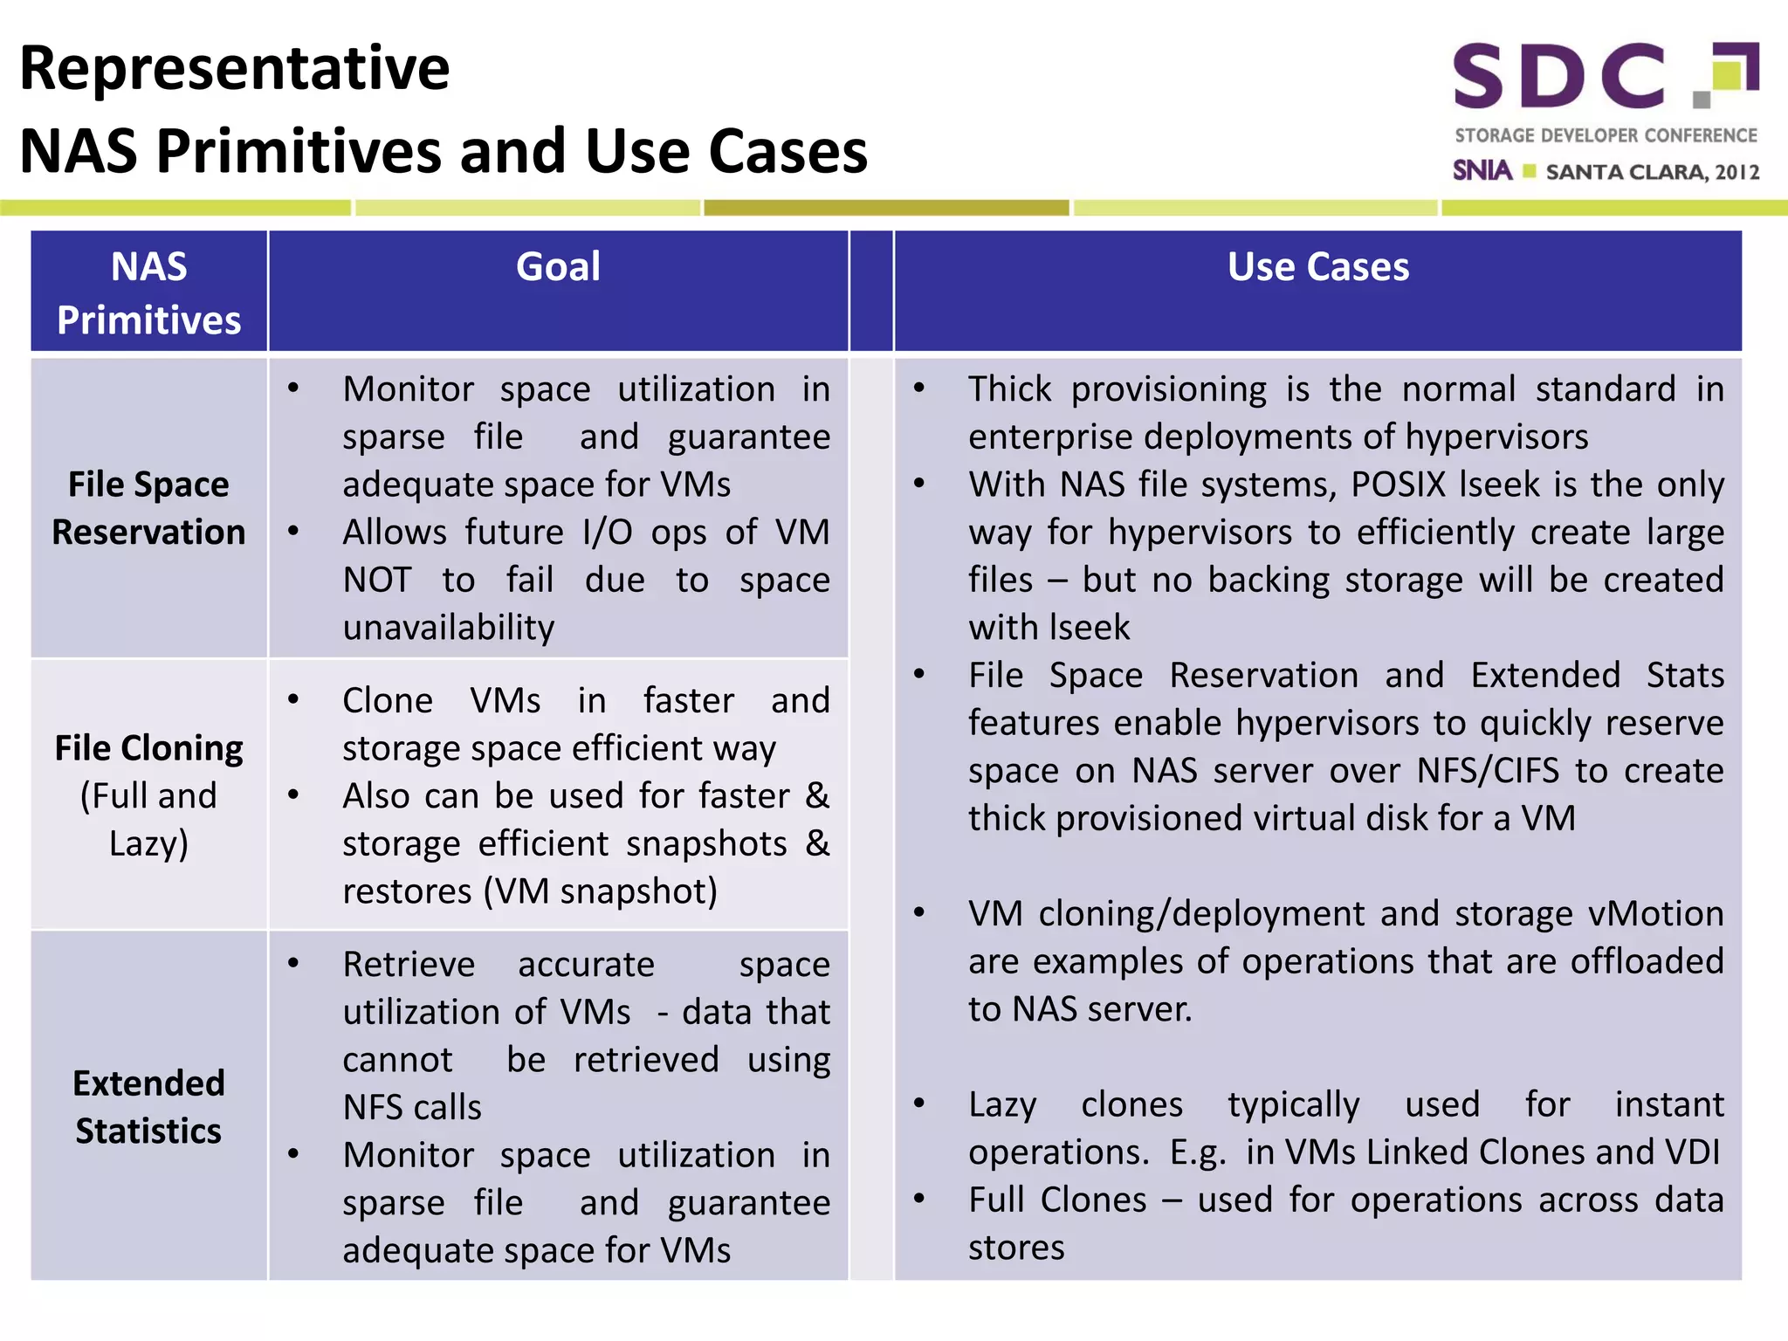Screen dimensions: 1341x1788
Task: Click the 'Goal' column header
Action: pos(558,267)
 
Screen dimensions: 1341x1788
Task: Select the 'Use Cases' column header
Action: pos(1317,267)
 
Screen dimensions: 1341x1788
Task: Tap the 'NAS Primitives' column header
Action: pos(148,292)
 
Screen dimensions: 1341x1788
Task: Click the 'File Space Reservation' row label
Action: pos(148,508)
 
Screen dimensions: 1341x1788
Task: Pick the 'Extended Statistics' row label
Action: pos(148,1106)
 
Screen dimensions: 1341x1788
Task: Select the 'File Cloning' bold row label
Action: pos(148,748)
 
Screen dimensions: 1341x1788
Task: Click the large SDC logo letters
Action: pos(1559,77)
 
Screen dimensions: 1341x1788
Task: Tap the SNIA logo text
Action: pos(1482,170)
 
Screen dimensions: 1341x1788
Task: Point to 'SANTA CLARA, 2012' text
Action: pos(1652,172)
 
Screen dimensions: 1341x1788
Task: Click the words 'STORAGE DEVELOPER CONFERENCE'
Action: pos(1605,135)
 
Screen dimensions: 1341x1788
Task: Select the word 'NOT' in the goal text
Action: pos(377,580)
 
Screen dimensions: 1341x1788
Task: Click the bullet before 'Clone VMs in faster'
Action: pos(294,699)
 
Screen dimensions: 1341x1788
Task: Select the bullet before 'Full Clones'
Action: pos(918,1199)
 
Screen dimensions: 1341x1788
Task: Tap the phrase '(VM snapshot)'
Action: pos(601,891)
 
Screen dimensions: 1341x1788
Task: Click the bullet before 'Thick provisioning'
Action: pos(918,388)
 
